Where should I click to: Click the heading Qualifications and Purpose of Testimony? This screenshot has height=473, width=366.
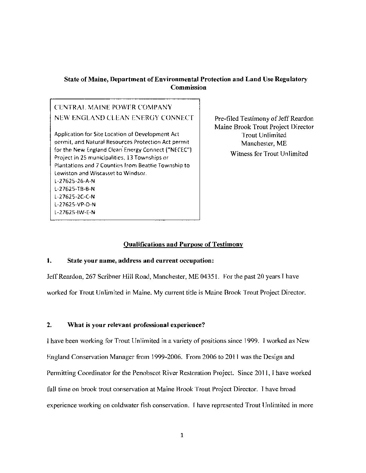[x=183, y=245]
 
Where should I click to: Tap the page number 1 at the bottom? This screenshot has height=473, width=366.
[x=181, y=436]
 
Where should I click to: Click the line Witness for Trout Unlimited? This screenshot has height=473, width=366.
[x=269, y=154]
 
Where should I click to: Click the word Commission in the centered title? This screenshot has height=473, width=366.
[x=188, y=88]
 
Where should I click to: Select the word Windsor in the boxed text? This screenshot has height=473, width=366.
[x=137, y=173]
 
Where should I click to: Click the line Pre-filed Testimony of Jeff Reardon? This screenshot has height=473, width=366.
[x=264, y=119]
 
